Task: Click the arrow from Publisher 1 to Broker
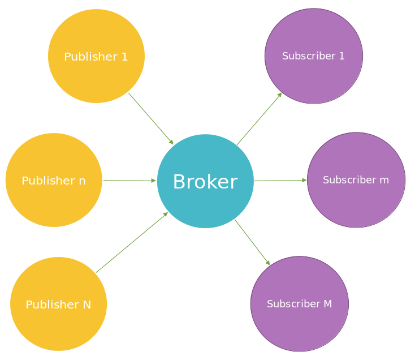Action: (151, 118)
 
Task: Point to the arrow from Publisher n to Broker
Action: (129, 181)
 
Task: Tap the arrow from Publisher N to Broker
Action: (132, 242)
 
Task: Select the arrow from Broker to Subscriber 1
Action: (259, 119)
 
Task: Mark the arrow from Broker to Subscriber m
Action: (280, 181)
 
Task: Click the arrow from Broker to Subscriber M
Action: (252, 242)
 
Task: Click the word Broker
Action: (205, 182)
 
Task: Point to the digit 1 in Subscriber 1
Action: (341, 56)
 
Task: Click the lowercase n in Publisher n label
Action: (82, 181)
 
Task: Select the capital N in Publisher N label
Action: (87, 305)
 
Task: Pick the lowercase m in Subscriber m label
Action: (384, 180)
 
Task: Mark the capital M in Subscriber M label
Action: (327, 304)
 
